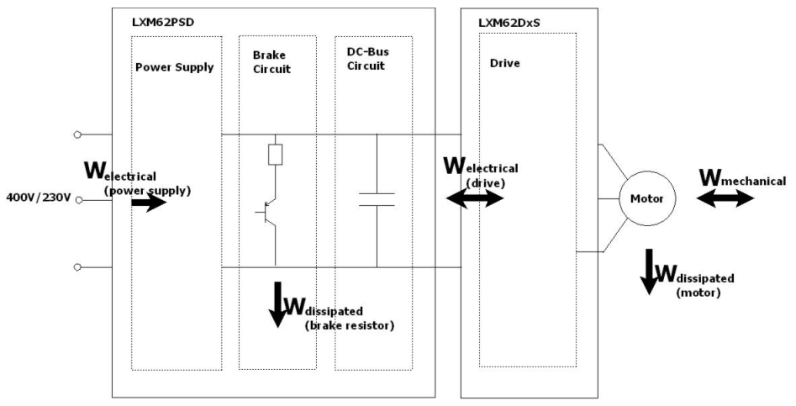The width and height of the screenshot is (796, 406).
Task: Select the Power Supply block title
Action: click(174, 67)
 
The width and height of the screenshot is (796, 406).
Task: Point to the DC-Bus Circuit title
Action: click(367, 60)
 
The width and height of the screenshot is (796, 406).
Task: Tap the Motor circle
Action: click(642, 199)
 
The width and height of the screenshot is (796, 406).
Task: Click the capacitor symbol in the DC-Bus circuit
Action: click(376, 198)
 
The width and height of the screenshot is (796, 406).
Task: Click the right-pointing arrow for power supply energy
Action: click(148, 203)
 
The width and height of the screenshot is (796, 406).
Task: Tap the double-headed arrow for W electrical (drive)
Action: click(476, 198)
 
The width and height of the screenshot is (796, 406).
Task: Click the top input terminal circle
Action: click(78, 134)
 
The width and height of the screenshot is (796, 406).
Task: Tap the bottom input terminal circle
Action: click(78, 266)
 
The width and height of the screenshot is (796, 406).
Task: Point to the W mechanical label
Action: click(742, 179)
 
